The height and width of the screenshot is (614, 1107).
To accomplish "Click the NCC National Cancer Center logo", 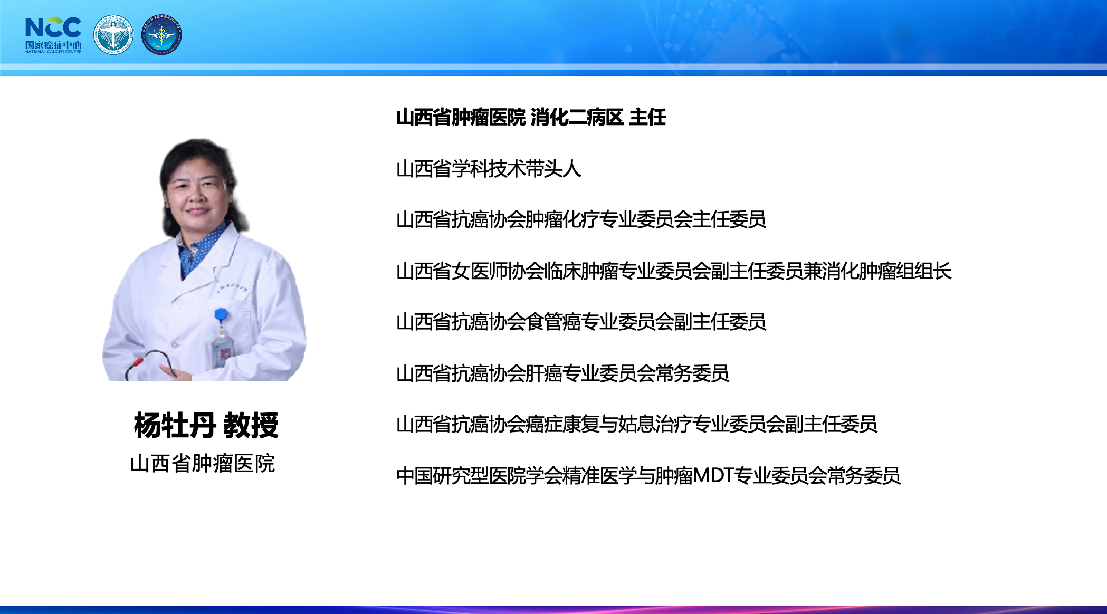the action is pos(53,35).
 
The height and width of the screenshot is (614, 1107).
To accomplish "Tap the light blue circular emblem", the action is pos(113,34).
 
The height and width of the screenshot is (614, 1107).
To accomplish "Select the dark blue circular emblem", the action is pos(161,34).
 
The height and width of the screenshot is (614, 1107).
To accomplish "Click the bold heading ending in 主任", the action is pos(531,117).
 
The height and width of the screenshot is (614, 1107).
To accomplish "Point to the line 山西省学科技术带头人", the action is pos(489,169).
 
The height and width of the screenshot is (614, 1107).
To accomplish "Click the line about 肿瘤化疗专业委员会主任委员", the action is pos(581,219).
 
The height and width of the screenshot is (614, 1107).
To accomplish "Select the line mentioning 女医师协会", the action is pos(674,271).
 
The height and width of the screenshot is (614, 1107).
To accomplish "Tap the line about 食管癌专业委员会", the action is pos(581,322).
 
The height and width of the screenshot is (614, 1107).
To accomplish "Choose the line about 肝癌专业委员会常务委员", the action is pos(562,373).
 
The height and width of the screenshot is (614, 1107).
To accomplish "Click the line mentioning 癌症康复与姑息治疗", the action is pos(636,424).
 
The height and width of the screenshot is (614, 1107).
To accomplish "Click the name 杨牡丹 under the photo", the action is pos(175,425).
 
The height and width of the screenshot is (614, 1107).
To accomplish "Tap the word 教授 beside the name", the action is pos(251,425).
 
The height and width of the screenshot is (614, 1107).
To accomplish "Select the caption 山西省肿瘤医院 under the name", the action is pos(203,464).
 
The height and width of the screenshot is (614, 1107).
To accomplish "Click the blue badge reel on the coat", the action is pos(221,315).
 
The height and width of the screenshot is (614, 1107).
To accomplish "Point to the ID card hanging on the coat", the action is pos(222,351).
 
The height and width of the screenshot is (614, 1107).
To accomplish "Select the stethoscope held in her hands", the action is pos(151,364).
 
